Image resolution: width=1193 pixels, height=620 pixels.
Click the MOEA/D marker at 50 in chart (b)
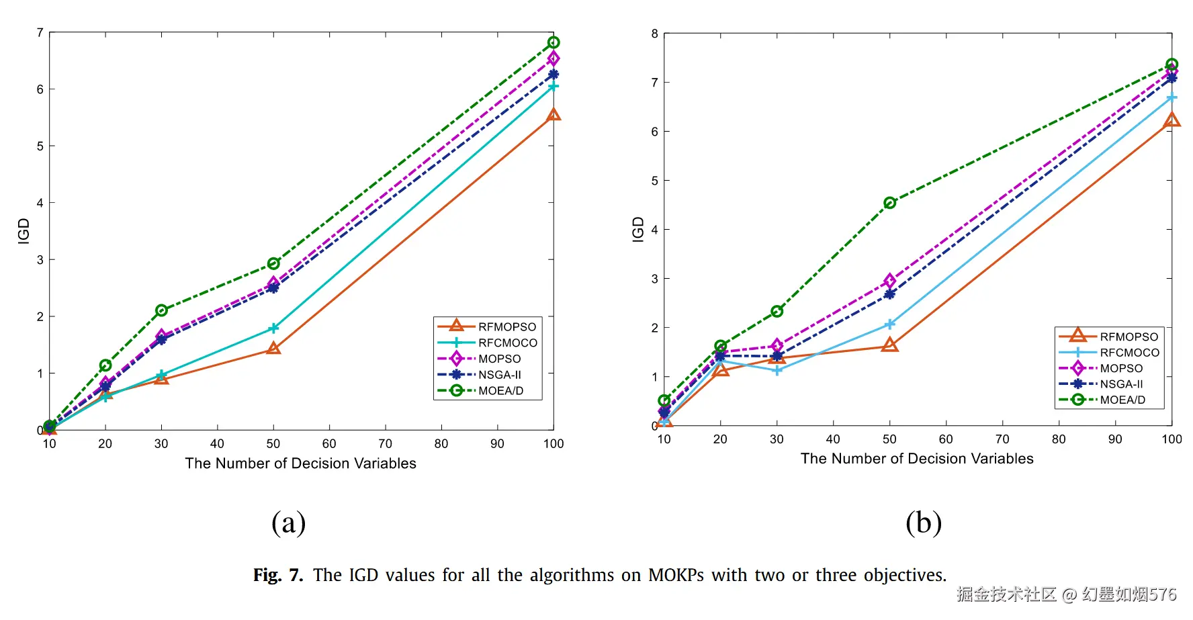[x=889, y=203]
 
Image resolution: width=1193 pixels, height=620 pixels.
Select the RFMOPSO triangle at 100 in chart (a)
[x=554, y=115]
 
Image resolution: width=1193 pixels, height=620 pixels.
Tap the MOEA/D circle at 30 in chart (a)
[x=161, y=310]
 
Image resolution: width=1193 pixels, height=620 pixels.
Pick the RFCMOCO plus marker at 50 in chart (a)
[x=273, y=328]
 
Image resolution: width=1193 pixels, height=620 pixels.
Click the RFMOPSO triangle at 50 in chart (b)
[x=889, y=345]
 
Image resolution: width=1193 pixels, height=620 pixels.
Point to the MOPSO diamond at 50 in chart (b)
[x=889, y=281]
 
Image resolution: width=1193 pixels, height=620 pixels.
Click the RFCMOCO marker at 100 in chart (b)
[x=1172, y=98]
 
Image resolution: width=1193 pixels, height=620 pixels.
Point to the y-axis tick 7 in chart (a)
[x=40, y=32]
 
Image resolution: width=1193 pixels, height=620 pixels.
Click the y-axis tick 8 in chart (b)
[x=655, y=34]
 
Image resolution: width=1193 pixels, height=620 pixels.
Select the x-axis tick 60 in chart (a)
[x=329, y=444]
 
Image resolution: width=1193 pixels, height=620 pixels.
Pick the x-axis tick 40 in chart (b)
[x=833, y=439]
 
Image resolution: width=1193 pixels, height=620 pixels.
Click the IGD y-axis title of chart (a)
[x=24, y=231]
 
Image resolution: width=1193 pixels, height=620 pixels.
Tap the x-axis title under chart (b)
[x=917, y=459]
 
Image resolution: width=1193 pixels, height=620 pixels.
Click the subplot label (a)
[x=288, y=523]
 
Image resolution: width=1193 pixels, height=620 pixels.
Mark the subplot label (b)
[x=923, y=523]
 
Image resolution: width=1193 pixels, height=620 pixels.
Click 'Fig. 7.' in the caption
[x=277, y=576]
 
